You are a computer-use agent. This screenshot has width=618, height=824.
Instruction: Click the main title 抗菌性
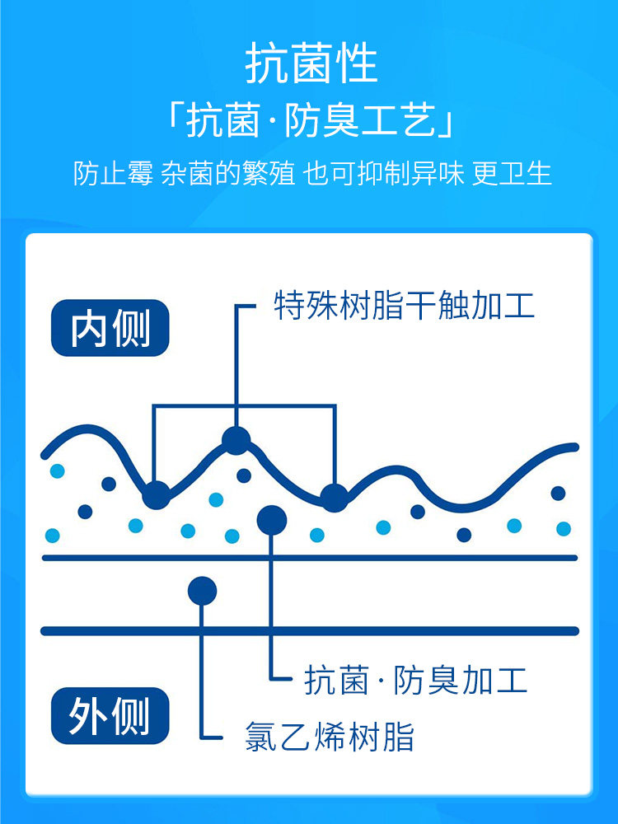point(311,64)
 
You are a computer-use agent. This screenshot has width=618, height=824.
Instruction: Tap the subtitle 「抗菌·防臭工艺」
point(311,123)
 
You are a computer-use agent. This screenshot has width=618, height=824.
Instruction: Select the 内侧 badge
point(110,328)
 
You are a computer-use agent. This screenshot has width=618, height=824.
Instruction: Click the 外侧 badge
point(110,715)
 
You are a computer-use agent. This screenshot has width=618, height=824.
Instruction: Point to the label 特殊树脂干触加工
point(404,306)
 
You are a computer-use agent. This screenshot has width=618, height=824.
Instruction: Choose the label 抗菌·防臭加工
point(415,681)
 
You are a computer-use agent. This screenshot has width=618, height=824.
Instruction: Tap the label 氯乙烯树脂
point(330,737)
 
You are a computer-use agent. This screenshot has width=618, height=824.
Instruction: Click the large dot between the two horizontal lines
point(202,590)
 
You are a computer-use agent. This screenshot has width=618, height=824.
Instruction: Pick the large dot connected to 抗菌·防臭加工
point(272,519)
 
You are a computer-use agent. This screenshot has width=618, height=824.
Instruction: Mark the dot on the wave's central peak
point(236,440)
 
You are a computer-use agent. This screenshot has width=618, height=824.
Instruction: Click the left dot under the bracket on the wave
point(156,495)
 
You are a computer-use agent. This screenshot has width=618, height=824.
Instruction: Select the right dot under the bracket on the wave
point(334,497)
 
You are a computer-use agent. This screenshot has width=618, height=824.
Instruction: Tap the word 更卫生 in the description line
point(512,174)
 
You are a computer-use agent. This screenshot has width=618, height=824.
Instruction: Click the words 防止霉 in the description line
point(112,174)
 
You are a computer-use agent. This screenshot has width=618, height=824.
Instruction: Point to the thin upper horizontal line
point(309,558)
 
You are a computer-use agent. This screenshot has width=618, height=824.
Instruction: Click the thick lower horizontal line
point(309,631)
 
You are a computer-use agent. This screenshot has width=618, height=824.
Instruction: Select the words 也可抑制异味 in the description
point(383,174)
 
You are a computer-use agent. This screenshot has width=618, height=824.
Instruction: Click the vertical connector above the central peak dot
point(236,363)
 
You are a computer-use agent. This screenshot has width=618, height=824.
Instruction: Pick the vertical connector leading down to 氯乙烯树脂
point(202,676)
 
